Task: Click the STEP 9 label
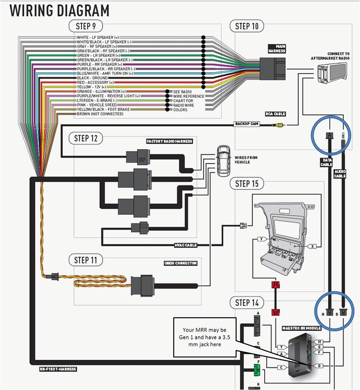click(86, 27)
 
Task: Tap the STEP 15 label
click(247, 184)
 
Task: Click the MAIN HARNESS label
click(277, 49)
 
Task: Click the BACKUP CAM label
click(247, 124)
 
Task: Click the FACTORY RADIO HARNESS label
click(169, 142)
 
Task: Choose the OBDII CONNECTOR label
click(180, 263)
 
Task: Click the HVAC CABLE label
click(185, 245)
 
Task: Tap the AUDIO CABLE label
click(340, 174)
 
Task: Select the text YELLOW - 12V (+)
click(92, 87)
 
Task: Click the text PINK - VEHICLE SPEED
click(97, 105)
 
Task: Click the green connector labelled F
click(257, 369)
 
